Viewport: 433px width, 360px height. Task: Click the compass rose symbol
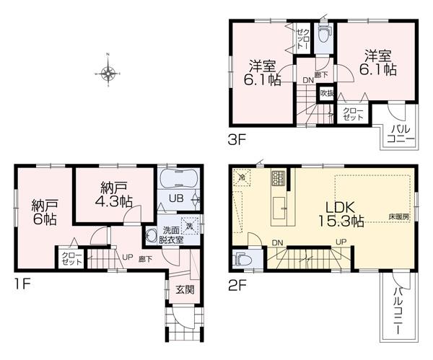click(108, 72)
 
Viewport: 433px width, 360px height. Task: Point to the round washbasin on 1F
click(152, 234)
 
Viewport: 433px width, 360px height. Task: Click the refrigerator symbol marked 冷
click(242, 177)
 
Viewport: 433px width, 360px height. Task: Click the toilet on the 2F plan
click(240, 258)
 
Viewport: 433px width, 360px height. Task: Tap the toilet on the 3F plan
click(323, 32)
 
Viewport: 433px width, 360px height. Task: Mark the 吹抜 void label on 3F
click(325, 92)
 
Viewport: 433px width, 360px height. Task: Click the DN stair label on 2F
click(278, 242)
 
